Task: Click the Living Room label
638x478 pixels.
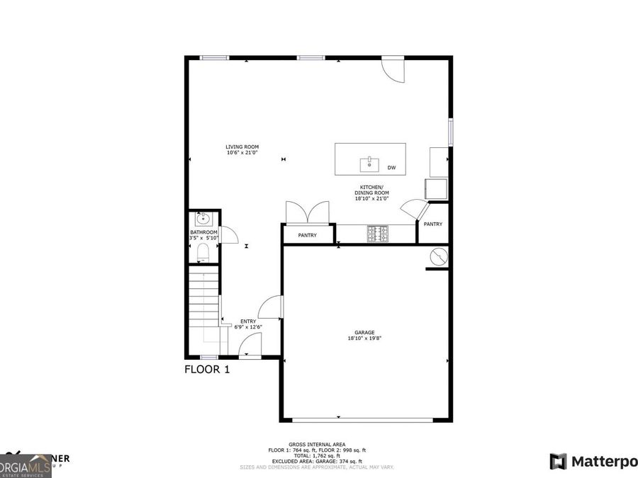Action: click(242, 147)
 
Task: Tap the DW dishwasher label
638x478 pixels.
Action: click(391, 168)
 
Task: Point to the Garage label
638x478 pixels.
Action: click(364, 333)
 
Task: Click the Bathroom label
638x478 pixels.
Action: click(203, 232)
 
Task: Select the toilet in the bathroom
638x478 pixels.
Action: click(202, 251)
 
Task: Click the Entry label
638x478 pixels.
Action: click(248, 321)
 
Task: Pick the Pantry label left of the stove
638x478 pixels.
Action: click(307, 235)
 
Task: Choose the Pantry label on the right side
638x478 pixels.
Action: click(432, 224)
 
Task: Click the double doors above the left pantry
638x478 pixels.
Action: click(307, 212)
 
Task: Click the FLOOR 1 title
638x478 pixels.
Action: click(207, 369)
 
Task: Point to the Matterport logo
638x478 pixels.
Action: click(594, 462)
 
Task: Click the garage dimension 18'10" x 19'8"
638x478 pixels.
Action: click(364, 338)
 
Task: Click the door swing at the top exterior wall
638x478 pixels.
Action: click(392, 68)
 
